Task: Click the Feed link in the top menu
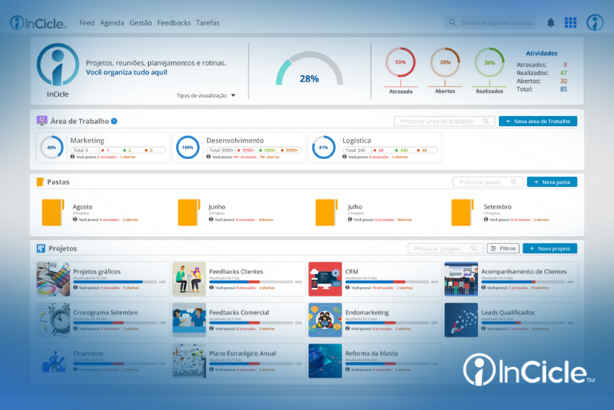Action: pos(87,23)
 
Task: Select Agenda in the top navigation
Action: pos(112,23)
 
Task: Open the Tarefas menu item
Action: pos(208,23)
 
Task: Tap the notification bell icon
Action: pos(551,23)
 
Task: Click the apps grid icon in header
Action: pos(570,23)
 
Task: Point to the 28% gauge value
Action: pos(309,78)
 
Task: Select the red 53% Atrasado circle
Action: pos(401,62)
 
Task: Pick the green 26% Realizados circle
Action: pos(489,62)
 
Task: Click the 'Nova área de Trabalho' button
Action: pos(537,121)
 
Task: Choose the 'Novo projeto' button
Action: pos(549,249)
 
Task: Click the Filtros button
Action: pos(503,249)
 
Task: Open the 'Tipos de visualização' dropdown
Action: pos(206,95)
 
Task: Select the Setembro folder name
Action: pos(497,207)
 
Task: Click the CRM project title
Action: pos(352,272)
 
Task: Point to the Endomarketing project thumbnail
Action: pos(325,320)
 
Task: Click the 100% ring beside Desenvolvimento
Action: pos(188,148)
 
